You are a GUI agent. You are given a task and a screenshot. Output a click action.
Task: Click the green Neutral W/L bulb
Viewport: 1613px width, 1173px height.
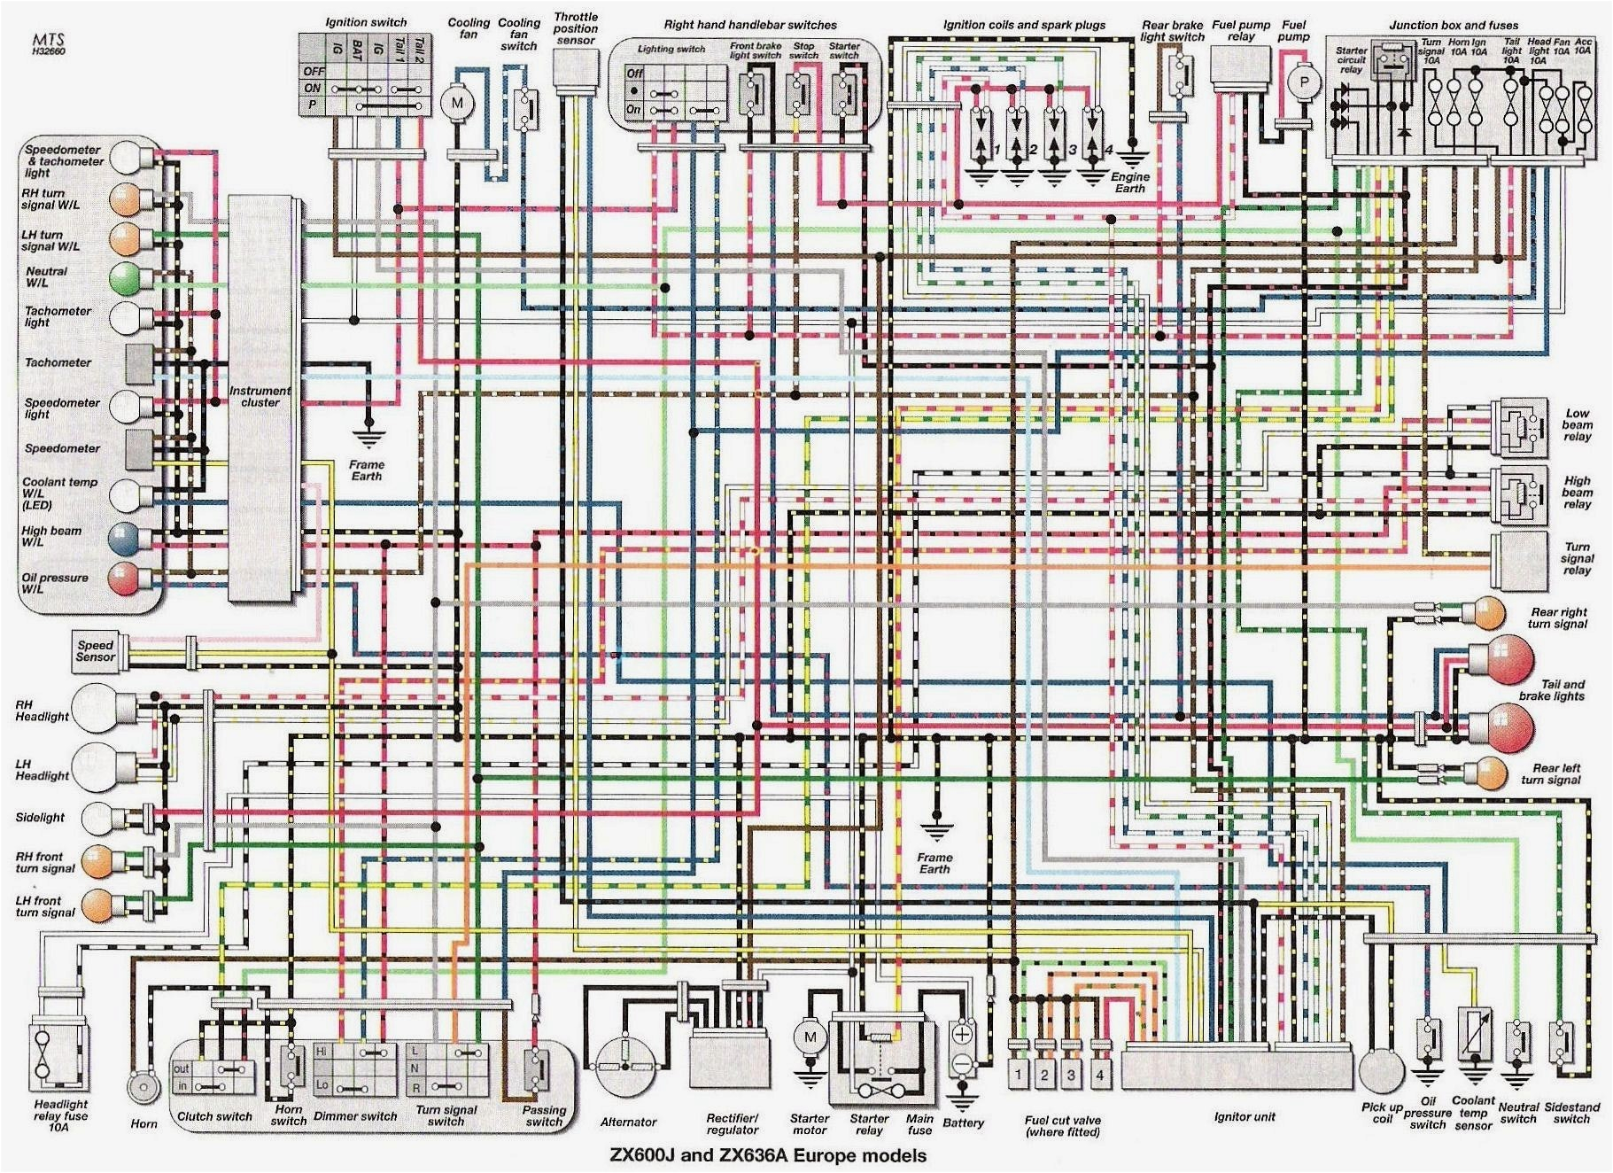pyautogui.click(x=125, y=278)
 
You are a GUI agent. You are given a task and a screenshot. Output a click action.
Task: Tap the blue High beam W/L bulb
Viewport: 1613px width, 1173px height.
pyautogui.click(x=124, y=538)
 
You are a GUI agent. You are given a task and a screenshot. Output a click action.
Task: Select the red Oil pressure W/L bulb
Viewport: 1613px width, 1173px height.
pyautogui.click(x=124, y=579)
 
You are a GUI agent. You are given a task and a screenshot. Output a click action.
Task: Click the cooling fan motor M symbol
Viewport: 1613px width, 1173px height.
pyautogui.click(x=458, y=103)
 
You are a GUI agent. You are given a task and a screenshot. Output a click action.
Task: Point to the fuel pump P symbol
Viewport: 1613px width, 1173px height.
pyautogui.click(x=1304, y=83)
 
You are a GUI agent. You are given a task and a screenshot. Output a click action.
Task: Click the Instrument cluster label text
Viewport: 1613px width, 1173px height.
pyautogui.click(x=260, y=396)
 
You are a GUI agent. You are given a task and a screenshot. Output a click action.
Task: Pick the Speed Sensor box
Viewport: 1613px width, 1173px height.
pyautogui.click(x=96, y=651)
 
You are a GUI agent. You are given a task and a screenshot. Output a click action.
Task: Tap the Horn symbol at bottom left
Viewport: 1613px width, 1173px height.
pyautogui.click(x=142, y=1086)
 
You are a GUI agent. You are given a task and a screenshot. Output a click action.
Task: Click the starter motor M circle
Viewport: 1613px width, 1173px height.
pyautogui.click(x=809, y=1037)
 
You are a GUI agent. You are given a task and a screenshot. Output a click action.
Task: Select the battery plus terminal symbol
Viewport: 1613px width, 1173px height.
pyautogui.click(x=962, y=1034)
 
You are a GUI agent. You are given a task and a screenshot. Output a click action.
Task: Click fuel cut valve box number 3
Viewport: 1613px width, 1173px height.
pyautogui.click(x=1071, y=1075)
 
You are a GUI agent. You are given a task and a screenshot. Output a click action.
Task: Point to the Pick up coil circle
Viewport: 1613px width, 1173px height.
pyautogui.click(x=1382, y=1071)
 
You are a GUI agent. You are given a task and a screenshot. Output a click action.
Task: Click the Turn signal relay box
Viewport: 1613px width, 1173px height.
pyautogui.click(x=1519, y=559)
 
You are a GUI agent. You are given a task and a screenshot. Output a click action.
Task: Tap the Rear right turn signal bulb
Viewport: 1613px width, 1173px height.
pyautogui.click(x=1488, y=613)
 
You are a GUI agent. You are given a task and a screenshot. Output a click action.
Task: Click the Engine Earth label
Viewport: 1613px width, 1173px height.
pyautogui.click(x=1130, y=183)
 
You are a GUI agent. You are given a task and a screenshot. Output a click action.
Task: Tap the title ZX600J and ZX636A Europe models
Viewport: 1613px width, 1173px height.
pyautogui.click(x=767, y=1155)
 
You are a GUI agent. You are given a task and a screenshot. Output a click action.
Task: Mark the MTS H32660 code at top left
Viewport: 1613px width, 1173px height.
pyautogui.click(x=48, y=44)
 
